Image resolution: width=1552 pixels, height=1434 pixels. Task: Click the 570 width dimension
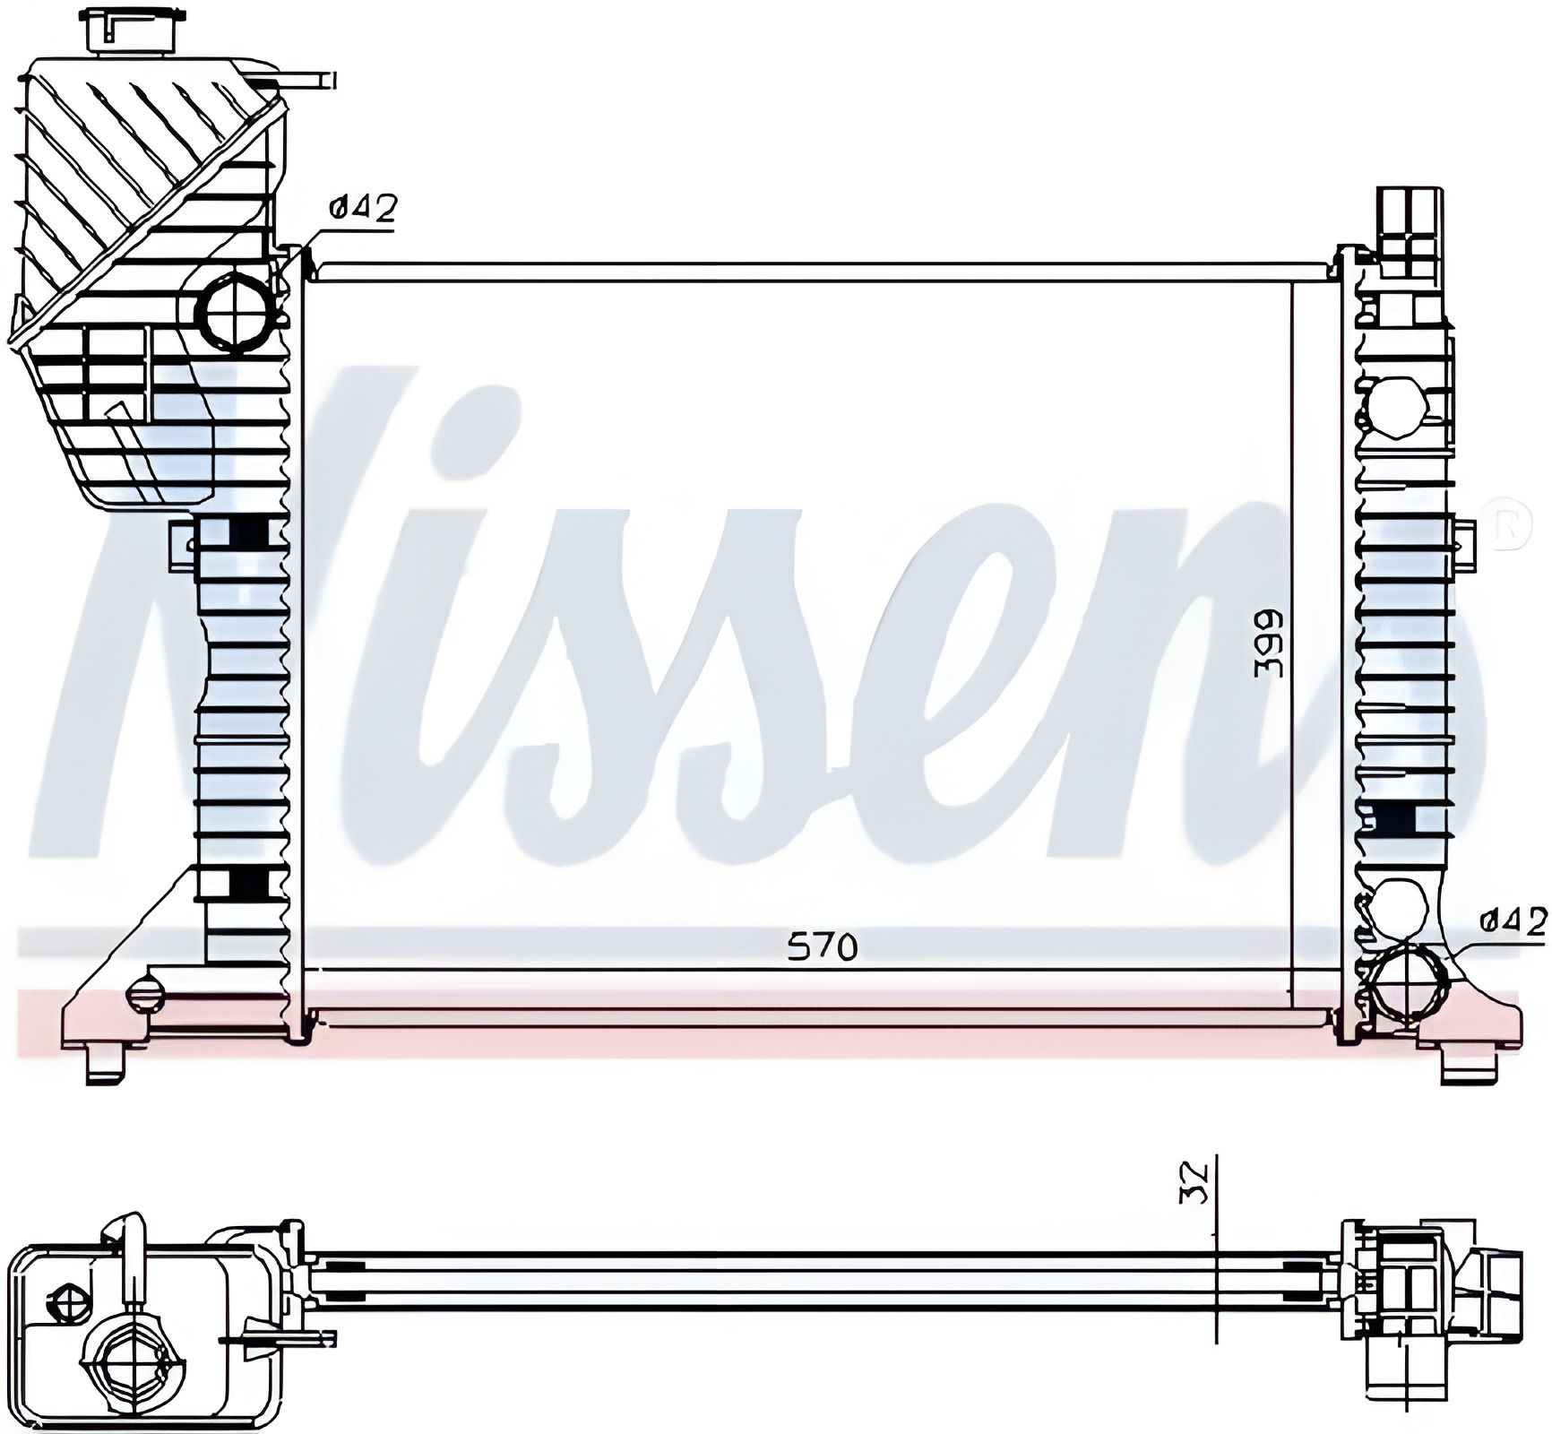click(x=822, y=947)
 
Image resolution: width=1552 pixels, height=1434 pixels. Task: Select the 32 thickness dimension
click(x=1201, y=1183)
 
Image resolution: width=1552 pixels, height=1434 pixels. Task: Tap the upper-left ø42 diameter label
click(x=362, y=210)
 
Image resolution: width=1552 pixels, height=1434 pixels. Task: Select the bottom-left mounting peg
click(x=106, y=1065)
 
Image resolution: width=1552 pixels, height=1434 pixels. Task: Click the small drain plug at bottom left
click(x=146, y=993)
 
